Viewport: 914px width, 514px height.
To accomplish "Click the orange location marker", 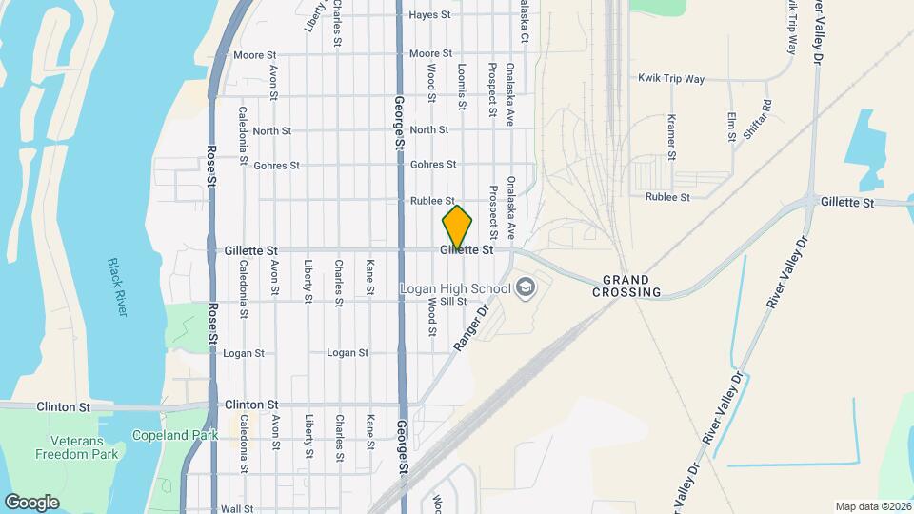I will click(x=457, y=227).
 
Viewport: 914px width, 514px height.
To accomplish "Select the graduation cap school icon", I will click(x=524, y=288).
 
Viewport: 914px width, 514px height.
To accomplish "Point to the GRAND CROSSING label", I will click(x=626, y=287).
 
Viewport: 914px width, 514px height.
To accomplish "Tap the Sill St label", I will click(x=453, y=302).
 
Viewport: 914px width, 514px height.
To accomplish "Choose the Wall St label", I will click(x=236, y=509).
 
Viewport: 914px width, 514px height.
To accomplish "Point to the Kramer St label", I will click(x=671, y=135).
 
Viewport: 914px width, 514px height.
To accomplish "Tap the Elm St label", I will click(x=731, y=127).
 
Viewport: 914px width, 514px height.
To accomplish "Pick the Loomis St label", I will click(x=462, y=83).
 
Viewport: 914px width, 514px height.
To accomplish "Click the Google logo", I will click(x=31, y=503).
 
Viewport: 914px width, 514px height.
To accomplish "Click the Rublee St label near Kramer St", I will click(x=666, y=197).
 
